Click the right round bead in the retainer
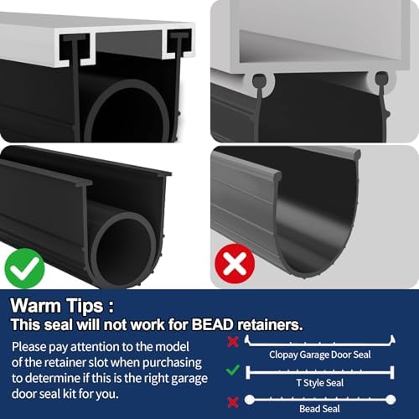[x=382, y=80]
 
